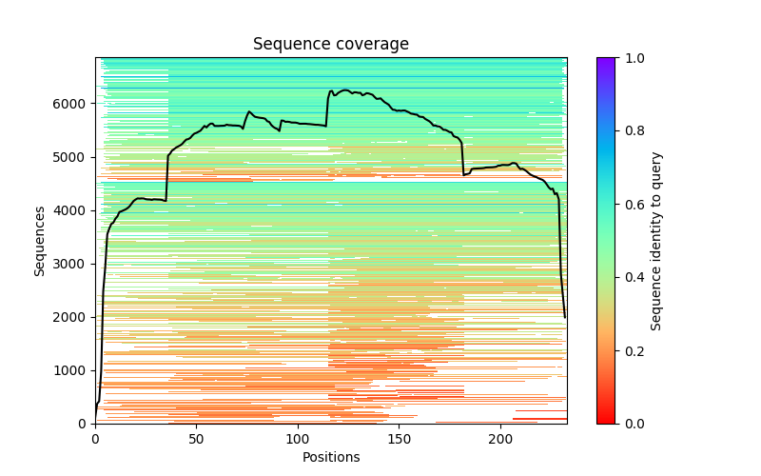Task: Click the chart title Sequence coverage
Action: tap(331, 44)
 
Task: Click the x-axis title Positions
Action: tap(331, 457)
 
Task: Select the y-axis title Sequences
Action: tap(40, 241)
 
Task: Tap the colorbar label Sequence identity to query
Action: tap(656, 241)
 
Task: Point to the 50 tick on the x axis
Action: tap(197, 438)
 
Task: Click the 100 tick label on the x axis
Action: tap(298, 438)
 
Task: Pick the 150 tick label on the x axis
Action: tap(400, 438)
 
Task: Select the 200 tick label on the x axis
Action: tap(500, 438)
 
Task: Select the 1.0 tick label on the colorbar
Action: tap(631, 58)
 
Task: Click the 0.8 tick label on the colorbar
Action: tap(631, 131)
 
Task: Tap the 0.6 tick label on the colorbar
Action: tap(631, 205)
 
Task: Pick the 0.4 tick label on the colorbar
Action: tap(631, 278)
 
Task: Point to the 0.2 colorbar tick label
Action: tap(631, 350)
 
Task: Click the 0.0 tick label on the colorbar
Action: tap(631, 424)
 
